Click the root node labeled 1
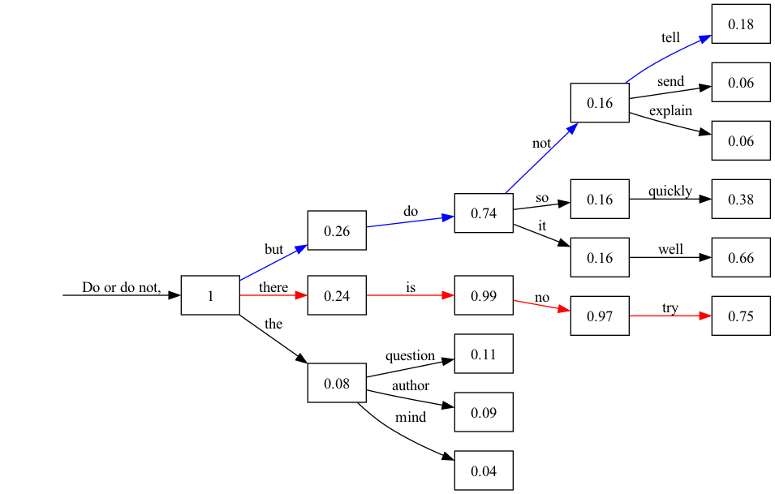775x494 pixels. (210, 296)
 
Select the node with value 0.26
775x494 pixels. (337, 231)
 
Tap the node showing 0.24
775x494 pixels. (337, 296)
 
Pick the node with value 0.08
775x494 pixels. (337, 384)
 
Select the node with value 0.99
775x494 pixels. (484, 296)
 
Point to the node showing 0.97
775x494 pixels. (600, 316)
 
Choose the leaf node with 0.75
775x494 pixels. (741, 316)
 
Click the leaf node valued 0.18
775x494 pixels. (741, 24)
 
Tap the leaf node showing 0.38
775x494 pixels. (741, 200)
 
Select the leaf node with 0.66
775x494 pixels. (741, 258)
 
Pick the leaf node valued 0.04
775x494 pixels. (484, 470)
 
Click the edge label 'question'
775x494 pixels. (410, 355)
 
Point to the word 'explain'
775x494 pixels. (670, 110)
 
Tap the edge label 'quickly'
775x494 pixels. (670, 191)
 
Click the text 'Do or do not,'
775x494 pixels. (122, 287)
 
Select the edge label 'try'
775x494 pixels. (670, 308)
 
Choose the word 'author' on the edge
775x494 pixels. (410, 385)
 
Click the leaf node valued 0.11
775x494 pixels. (484, 354)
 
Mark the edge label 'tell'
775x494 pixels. (671, 38)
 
